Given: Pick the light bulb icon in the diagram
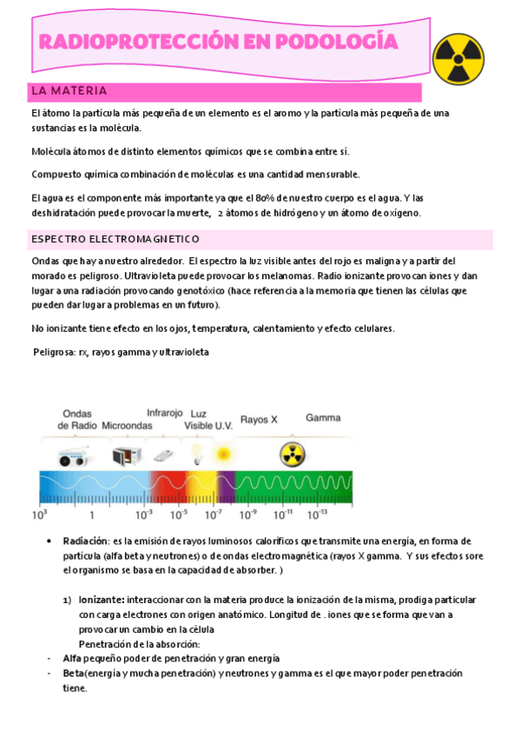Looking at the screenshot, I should [197, 453].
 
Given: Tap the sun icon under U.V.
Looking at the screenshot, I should [224, 453].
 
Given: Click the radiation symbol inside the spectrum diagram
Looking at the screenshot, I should [291, 453].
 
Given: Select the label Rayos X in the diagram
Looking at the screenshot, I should [259, 419].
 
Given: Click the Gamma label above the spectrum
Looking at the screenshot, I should [322, 417].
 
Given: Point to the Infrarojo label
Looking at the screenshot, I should [164, 413].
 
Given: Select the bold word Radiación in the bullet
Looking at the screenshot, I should [85, 541].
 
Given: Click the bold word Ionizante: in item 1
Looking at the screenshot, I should [102, 600].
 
